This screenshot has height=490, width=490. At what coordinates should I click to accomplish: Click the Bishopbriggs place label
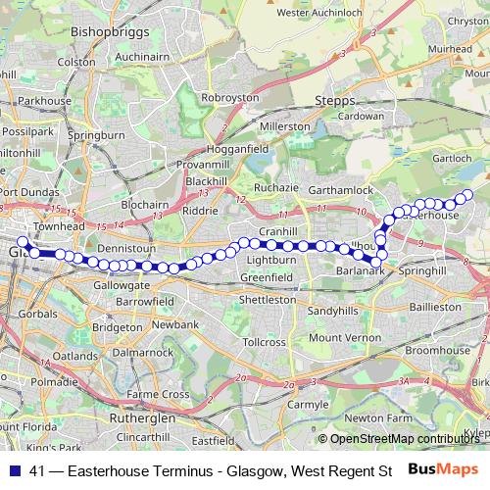coord(108,31)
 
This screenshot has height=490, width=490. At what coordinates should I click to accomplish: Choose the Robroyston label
coord(229,98)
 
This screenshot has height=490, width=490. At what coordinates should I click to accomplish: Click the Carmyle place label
coord(309,403)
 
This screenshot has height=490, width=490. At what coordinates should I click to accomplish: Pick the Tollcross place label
coord(264,342)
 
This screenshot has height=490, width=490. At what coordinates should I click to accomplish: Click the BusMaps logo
coord(443,470)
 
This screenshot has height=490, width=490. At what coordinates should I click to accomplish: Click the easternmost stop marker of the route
coord(467,194)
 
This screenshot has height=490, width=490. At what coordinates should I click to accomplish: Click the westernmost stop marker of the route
coord(23,241)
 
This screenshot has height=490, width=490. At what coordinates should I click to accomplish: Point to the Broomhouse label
coord(438,349)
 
